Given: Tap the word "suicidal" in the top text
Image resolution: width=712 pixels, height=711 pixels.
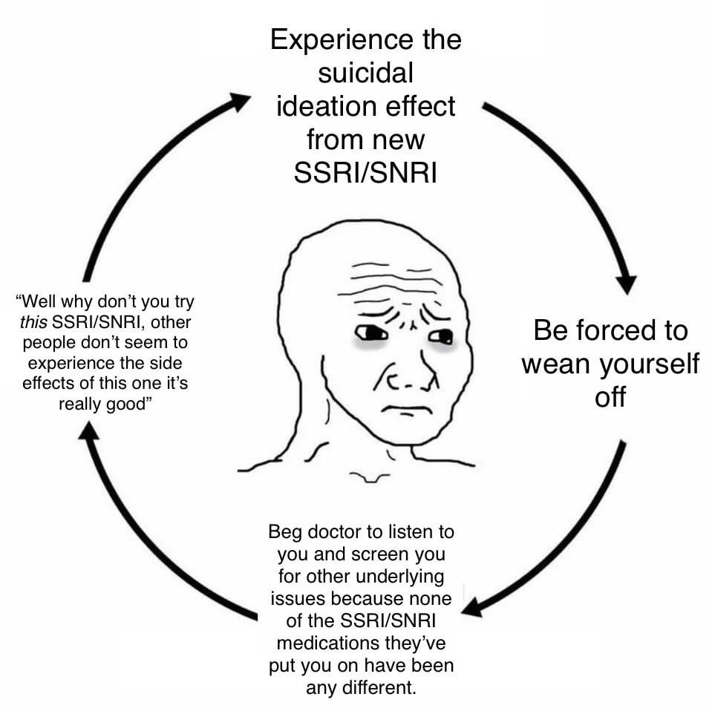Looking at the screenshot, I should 365,73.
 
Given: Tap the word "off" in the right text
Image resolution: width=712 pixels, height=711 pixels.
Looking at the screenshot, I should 610,397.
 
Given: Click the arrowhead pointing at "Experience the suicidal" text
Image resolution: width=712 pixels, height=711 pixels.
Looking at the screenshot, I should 239,102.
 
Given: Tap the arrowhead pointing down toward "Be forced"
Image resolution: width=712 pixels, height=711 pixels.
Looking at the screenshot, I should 625,283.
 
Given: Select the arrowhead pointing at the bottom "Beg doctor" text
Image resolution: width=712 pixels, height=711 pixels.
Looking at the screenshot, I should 473,606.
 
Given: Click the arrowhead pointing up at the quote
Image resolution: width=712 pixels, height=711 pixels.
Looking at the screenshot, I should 89,430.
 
